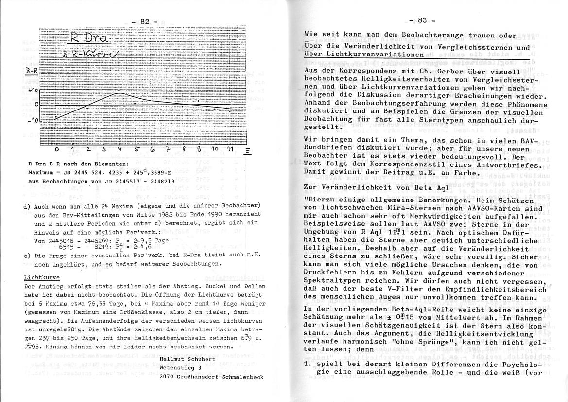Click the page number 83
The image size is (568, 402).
(x=421, y=20)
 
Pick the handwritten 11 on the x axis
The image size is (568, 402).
(x=229, y=149)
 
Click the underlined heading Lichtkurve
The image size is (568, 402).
(x=42, y=278)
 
